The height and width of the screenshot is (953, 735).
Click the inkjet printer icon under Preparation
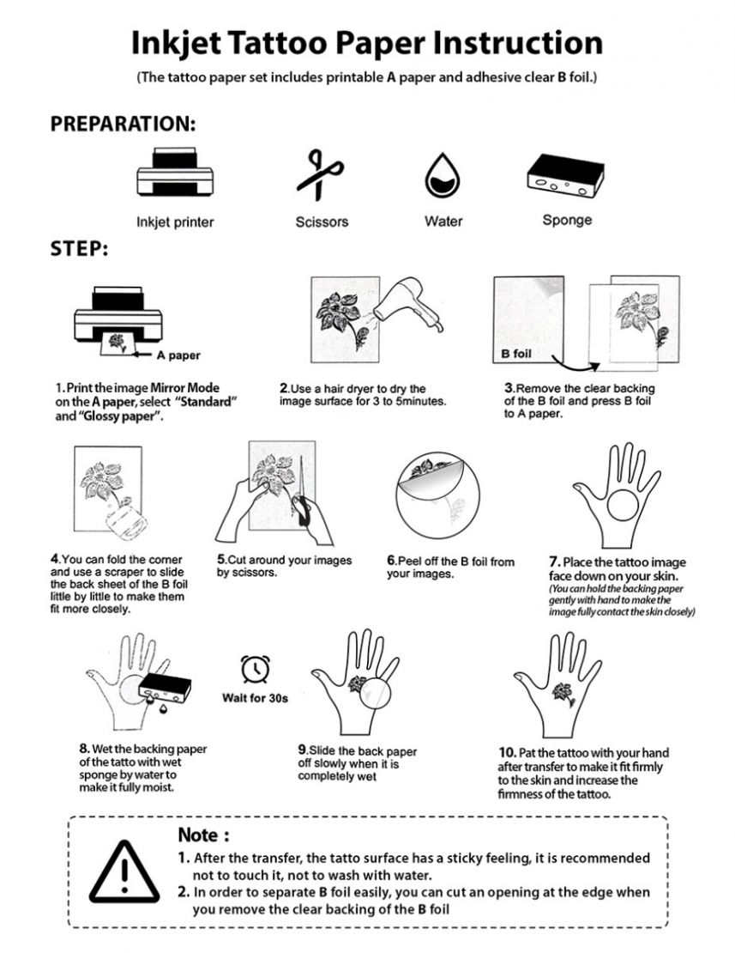coord(174,176)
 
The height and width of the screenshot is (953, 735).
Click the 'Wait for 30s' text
coord(255,697)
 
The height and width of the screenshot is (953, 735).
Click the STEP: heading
coord(79,249)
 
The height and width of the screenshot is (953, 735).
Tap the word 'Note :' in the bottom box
coord(203,835)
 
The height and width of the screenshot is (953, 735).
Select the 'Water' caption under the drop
coord(443,222)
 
